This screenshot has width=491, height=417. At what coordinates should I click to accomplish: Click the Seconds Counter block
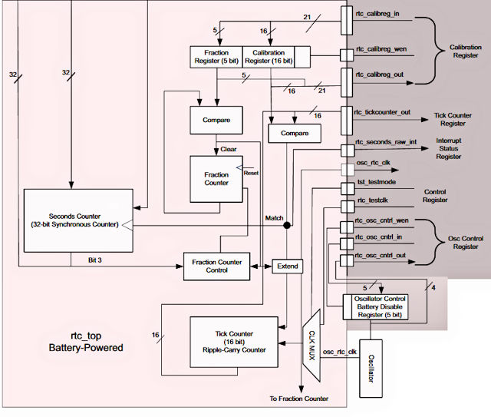(x=72, y=220)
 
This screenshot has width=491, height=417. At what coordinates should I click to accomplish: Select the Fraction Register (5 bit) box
(x=217, y=56)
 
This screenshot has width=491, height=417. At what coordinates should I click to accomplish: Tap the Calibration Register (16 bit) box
(x=269, y=56)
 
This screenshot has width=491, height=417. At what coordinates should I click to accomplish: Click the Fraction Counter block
(x=216, y=178)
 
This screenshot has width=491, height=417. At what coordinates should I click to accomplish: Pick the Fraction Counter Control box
(x=216, y=266)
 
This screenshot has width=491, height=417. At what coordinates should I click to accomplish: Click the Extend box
(x=288, y=266)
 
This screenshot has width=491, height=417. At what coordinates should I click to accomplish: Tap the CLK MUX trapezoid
(x=311, y=346)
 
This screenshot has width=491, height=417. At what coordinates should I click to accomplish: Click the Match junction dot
(x=286, y=226)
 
